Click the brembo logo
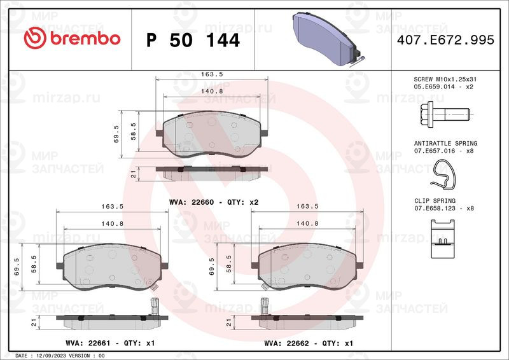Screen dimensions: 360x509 tap(71, 39)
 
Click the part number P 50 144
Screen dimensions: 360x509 tap(193, 40)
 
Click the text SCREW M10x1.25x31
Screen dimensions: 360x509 tap(445, 78)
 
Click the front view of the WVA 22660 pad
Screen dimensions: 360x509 tap(211, 134)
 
